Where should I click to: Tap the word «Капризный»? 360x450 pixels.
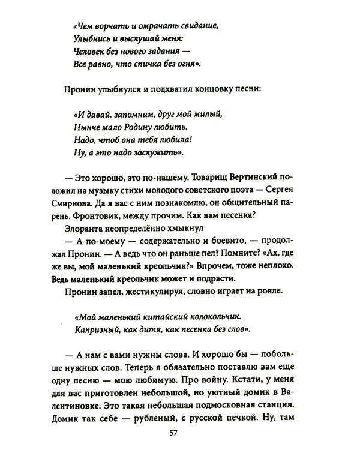tap(97, 330)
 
